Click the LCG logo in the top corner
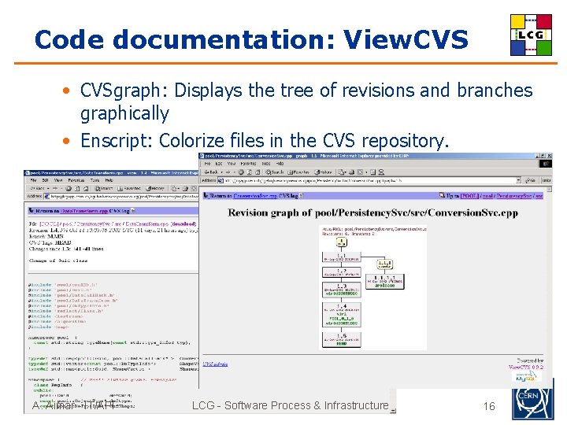[531, 35]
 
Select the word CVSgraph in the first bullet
[124, 91]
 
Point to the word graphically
[124, 114]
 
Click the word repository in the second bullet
[405, 141]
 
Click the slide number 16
[489, 406]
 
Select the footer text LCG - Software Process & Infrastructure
[291, 405]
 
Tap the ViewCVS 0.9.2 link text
[525, 366]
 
